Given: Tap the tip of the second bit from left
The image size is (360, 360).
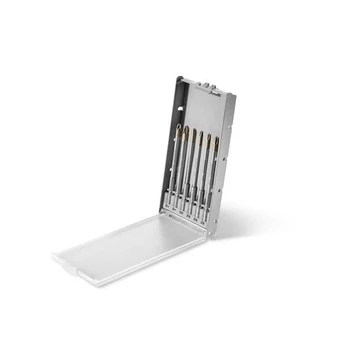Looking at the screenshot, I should coord(186,133).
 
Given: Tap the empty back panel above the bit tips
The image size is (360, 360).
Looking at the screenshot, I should coord(200,105).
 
